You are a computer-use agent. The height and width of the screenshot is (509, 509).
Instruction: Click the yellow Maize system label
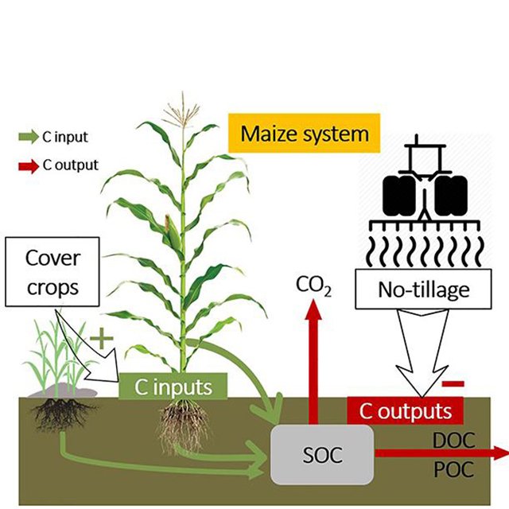pos(304,134)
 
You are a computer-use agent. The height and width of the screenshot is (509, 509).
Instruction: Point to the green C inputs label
pos(173,388)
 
